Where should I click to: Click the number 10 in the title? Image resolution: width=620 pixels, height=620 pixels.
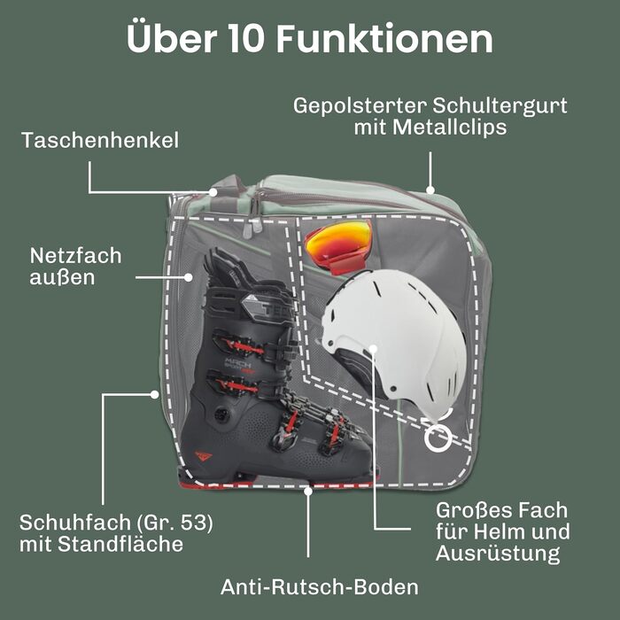[x=245, y=38]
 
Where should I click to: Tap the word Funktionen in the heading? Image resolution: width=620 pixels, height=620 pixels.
[x=384, y=38]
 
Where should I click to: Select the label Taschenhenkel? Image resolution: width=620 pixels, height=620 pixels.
[x=100, y=140]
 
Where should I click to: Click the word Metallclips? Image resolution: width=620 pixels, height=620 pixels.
[x=450, y=127]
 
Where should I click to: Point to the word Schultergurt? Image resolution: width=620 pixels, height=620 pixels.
[x=500, y=106]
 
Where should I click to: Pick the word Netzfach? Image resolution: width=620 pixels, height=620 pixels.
[x=75, y=256]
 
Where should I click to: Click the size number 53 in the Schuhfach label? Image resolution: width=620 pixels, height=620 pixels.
[x=194, y=523]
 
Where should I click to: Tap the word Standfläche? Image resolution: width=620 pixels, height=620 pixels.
[x=120, y=544]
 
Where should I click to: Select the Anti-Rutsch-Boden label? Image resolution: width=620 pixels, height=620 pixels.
[x=320, y=586]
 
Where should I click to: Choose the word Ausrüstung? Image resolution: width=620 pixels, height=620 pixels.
[x=498, y=554]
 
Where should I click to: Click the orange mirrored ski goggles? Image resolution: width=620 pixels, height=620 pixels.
[x=339, y=246]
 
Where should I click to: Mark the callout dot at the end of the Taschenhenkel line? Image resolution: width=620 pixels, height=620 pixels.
[x=213, y=192]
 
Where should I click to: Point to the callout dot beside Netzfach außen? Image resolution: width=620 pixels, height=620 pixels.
[x=188, y=277]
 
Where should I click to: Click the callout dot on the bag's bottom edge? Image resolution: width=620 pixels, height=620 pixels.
[x=308, y=491]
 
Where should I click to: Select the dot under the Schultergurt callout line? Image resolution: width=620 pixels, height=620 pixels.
[x=430, y=190]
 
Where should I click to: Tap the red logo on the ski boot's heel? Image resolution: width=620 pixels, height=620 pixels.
[x=203, y=456]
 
